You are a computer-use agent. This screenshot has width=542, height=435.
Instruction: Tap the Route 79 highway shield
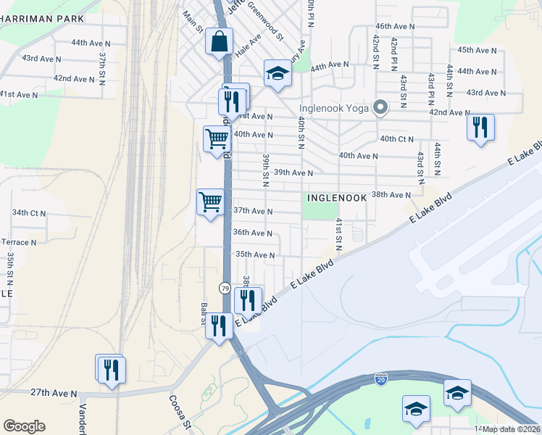[225, 288]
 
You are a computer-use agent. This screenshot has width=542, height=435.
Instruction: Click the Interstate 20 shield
[381, 378]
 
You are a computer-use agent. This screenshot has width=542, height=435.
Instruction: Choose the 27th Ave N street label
[54, 393]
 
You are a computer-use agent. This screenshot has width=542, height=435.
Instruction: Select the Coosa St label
[178, 410]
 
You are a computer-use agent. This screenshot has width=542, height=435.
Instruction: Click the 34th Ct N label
[29, 213]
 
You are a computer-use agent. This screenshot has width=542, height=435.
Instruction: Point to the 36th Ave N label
[252, 233]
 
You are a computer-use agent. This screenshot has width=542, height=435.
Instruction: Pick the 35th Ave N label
[255, 255]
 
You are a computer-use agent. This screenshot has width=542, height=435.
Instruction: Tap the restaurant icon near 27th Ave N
[110, 368]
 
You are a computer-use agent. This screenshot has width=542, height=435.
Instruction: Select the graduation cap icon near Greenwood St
[277, 73]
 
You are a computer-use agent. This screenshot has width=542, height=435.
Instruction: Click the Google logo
[24, 426]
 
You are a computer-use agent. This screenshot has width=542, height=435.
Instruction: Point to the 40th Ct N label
[396, 138]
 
